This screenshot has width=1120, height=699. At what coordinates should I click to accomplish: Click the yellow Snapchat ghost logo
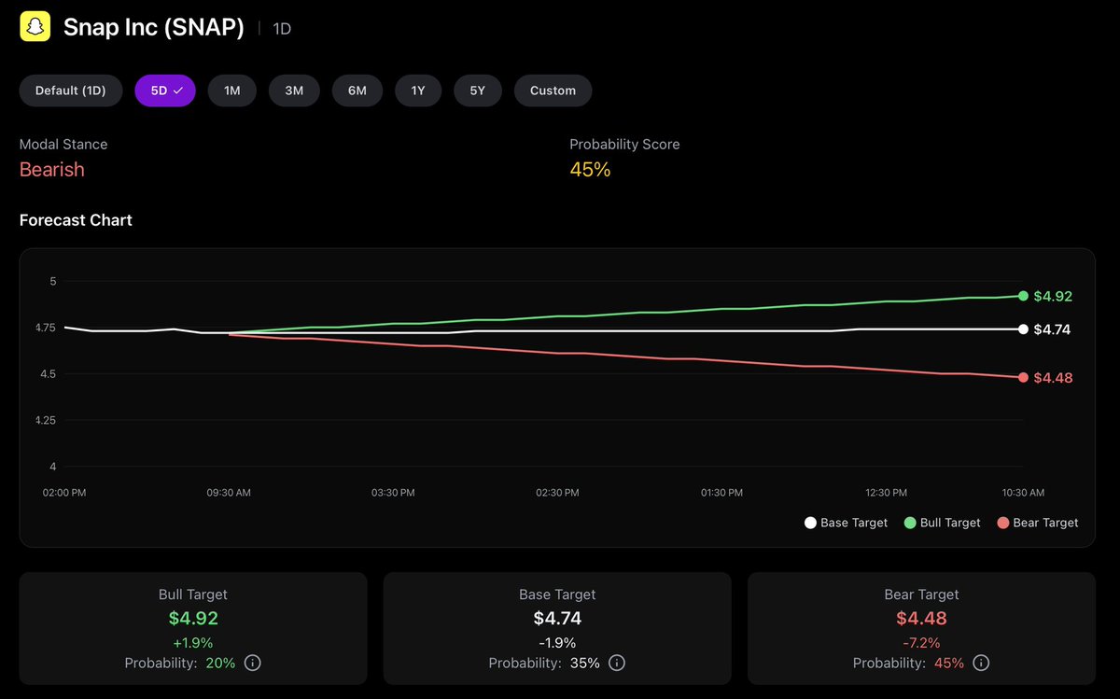[x=35, y=27]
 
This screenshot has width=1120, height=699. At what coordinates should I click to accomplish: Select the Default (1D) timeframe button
[x=71, y=91]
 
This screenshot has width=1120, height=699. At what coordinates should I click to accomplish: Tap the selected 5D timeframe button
[x=165, y=91]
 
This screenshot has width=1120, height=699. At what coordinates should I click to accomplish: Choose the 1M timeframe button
[x=231, y=91]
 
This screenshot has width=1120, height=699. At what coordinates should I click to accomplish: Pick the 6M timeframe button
[x=357, y=91]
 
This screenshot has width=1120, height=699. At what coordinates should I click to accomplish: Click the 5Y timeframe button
[x=477, y=91]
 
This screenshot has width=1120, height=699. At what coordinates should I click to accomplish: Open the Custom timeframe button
[x=553, y=91]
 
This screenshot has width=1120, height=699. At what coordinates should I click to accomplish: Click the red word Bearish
[x=52, y=170]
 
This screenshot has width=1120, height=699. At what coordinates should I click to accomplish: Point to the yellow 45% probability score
[x=590, y=170]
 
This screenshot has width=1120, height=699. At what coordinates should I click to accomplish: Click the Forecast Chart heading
[x=76, y=220]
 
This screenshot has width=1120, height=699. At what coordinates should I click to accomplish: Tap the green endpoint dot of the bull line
[x=1023, y=296]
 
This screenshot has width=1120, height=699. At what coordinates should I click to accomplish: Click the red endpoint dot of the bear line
[x=1023, y=377]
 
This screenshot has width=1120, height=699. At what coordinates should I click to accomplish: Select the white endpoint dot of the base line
[x=1023, y=329]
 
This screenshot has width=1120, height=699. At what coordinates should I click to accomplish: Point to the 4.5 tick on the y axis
[x=47, y=374]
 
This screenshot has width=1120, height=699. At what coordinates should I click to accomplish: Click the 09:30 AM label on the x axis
[x=228, y=492]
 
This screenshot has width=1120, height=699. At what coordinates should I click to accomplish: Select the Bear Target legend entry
[x=1037, y=523]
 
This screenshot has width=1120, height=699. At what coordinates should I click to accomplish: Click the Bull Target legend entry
[x=942, y=523]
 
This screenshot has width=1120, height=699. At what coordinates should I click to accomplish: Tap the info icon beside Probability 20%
[x=252, y=663]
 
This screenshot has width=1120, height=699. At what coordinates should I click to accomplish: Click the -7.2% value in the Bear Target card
[x=920, y=642]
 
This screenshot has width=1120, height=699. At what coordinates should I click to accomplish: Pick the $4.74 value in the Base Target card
[x=557, y=618]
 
